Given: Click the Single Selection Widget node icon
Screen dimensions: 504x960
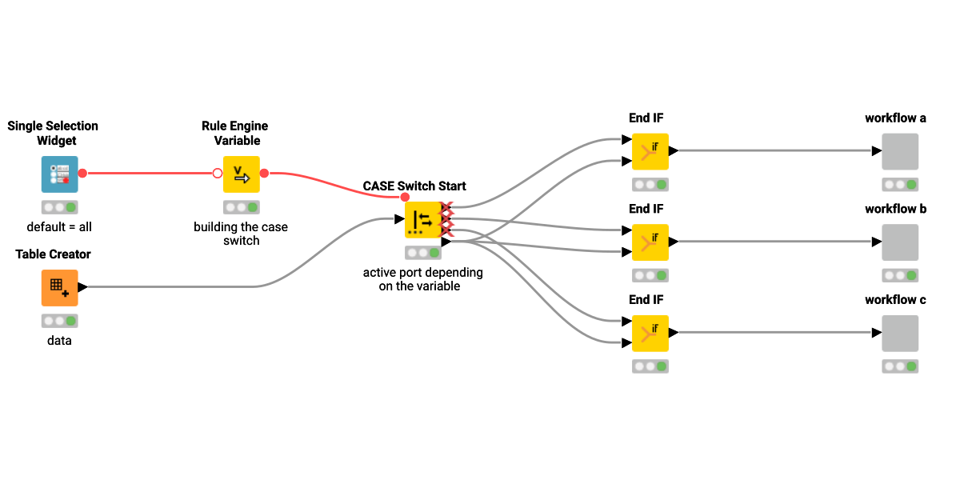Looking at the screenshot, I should tap(60, 174).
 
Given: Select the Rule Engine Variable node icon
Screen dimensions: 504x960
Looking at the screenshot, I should tap(241, 174).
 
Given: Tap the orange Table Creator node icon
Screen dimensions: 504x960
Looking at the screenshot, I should tap(60, 287).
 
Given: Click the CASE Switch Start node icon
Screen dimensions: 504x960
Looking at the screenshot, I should tap(422, 220).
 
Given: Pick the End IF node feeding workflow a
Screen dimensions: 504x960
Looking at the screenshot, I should tap(650, 151).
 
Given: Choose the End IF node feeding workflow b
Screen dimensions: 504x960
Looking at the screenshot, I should tap(650, 242).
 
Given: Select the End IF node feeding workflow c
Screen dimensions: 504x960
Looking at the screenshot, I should tap(650, 333).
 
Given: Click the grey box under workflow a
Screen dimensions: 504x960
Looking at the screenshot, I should tap(900, 151).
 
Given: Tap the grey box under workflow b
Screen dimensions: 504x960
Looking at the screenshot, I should tap(900, 242).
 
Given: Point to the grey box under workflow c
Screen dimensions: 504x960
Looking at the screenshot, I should tap(900, 333).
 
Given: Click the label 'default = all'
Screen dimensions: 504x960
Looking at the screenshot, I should tap(59, 227).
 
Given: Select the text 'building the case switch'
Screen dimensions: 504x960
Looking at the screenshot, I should tap(241, 234).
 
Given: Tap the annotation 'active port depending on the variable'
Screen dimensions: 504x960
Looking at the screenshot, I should tap(422, 278).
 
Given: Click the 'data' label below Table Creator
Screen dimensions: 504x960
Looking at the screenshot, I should tap(59, 341).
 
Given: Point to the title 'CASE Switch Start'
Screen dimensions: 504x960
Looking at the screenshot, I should tap(414, 186).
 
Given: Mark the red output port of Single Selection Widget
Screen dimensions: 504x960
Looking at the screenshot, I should tap(82, 173).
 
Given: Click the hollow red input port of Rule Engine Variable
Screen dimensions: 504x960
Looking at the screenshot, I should tap(218, 173).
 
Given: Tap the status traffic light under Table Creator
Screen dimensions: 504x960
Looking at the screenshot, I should tap(60, 321).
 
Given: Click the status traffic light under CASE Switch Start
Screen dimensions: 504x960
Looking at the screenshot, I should tap(422, 253).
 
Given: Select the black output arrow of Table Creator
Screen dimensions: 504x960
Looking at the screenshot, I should tap(83, 287).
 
